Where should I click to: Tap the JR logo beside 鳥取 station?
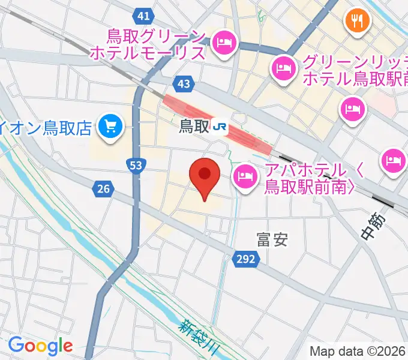point(222,127)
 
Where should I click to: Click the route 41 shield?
point(143,16)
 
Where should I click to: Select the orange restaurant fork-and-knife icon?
point(357,22)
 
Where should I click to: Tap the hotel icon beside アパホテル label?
point(245,176)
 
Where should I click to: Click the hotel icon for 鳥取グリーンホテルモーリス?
point(224,42)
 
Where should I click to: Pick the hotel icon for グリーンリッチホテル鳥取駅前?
point(282,68)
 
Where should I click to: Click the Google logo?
point(40,346)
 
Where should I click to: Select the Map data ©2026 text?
point(358,351)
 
